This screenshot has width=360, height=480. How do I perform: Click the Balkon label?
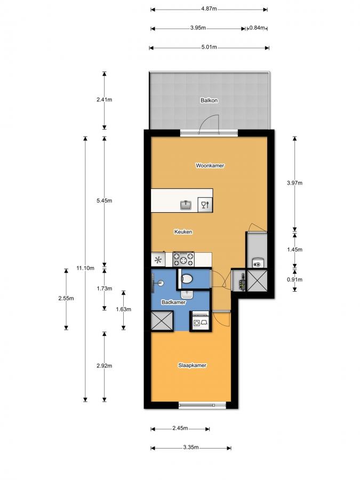coord(209,100)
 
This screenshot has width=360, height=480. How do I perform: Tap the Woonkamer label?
coord(210,166)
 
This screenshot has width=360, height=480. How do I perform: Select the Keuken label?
coord(183,232)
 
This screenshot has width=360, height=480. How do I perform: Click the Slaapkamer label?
coord(192,365)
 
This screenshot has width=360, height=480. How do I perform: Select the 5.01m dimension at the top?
coord(209,47)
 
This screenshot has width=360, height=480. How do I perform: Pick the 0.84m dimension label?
coord(258,28)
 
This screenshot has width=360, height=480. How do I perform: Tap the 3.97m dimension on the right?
coord(294,183)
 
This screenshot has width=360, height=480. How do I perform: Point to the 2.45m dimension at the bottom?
coord(180,428)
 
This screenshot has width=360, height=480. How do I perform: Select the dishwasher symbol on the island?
coord(205,205)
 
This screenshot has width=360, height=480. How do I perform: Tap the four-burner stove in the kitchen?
coord(184,260)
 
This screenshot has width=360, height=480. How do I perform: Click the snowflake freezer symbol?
coord(158,260)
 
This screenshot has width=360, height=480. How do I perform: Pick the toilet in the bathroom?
coord(187,278)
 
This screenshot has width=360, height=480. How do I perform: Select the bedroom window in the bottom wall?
coord(202,405)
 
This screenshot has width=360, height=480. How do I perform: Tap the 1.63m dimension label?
coord(123,309)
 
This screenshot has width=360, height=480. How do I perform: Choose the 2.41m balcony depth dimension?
coord(105,100)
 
